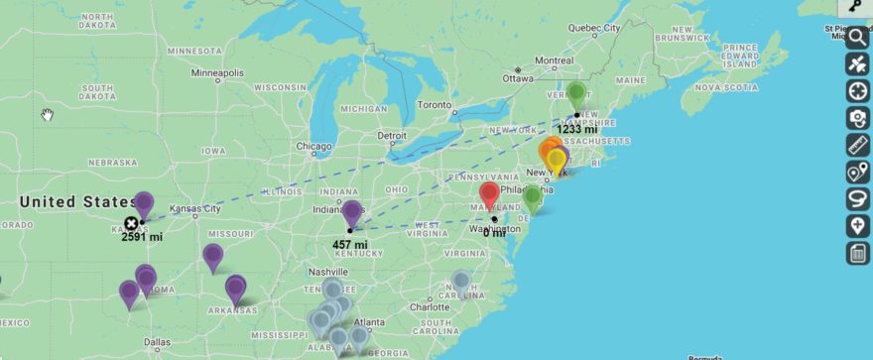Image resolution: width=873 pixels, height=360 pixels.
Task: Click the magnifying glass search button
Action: coord(857,38)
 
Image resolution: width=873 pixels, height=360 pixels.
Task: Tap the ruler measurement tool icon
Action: coord(857,146)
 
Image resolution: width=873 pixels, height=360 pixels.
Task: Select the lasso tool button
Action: coord(857,199)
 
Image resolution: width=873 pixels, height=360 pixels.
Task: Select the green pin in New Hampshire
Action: coord(576,94)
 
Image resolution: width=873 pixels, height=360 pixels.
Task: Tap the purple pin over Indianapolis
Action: coord(351,211)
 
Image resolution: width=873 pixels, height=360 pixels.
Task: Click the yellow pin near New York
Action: coord(557,160)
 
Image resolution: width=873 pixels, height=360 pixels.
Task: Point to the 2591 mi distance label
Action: coord(142,237)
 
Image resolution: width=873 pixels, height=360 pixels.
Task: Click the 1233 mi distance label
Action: coord(576,129)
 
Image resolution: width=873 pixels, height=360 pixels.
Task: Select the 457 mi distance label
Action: coord(349,244)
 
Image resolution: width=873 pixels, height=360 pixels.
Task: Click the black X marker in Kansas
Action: coord(131,223)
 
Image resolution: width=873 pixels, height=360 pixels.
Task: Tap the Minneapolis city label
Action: coord(217,73)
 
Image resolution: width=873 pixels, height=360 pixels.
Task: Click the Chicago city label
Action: coord(313,147)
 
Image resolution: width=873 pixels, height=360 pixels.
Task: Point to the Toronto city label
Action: coord(435,104)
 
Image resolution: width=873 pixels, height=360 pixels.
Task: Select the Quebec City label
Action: coord(592,28)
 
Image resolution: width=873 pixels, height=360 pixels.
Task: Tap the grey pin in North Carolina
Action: coord(461,281)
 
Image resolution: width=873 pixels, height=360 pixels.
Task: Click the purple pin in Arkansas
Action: coord(235,288)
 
